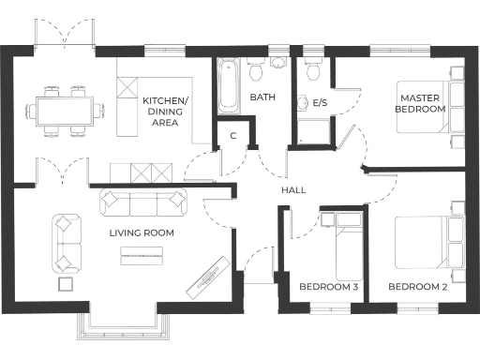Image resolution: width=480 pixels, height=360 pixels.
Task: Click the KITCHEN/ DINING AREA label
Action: tap(165, 111)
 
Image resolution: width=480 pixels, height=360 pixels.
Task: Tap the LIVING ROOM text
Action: tap(142, 232)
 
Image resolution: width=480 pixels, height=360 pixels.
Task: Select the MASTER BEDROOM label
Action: tap(422, 103)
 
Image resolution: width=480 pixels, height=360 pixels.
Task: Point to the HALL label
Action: tap(293, 190)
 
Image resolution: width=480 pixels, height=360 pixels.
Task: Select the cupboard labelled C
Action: tap(233, 136)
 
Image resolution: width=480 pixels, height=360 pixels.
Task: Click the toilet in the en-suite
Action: tap(313, 69)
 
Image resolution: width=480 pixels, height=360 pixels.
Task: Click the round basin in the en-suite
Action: tap(302, 103)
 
